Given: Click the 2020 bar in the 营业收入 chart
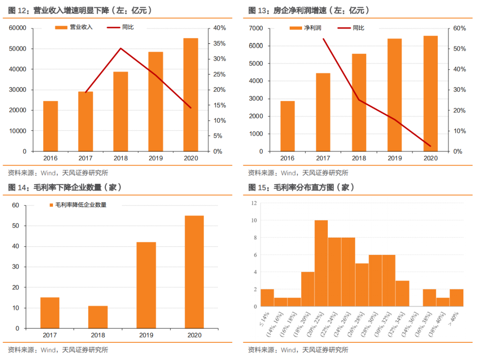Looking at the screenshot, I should coord(191,95).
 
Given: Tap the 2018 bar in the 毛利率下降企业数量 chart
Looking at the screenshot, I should coord(98,317).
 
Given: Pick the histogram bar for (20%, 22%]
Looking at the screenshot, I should coord(321,263).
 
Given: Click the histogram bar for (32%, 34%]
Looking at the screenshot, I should coord(402,293).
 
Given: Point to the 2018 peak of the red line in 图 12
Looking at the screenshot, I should coord(121,48).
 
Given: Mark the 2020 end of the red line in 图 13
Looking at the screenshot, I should coord(430,146).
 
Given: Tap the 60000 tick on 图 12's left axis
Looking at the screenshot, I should coord(18,28).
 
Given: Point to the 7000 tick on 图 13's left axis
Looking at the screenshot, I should coord(256,28).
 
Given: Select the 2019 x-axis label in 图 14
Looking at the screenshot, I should coord(146,335).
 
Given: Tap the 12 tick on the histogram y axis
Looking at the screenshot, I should coord(254,203).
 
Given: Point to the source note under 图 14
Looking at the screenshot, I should coord(57,350).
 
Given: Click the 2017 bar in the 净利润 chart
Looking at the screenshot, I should coord(323,112).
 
